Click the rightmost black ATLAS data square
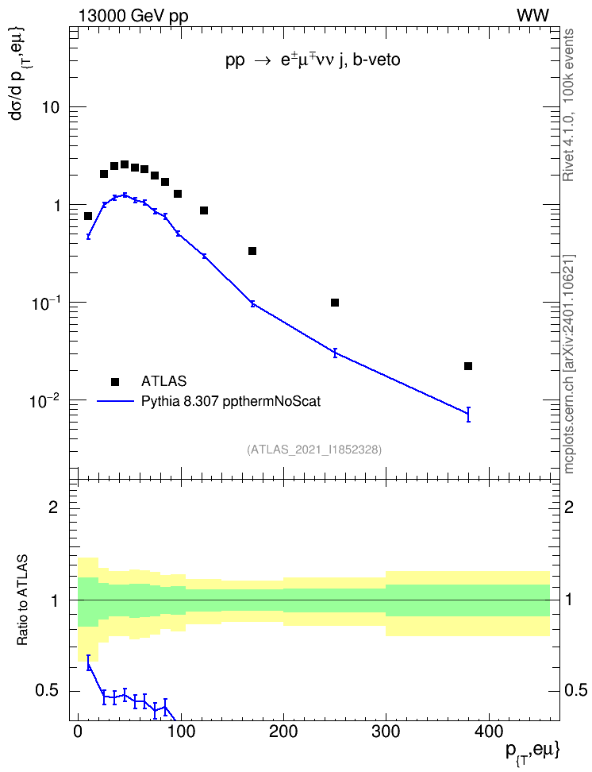pyautogui.click(x=468, y=366)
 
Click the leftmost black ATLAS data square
pyautogui.click(x=88, y=216)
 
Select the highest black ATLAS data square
pyautogui.click(x=125, y=164)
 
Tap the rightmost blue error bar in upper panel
pyautogui.click(x=468, y=415)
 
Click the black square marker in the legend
pyautogui.click(x=114, y=381)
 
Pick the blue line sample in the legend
pyautogui.click(x=115, y=401)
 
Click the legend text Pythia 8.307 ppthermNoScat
pyautogui.click(x=231, y=401)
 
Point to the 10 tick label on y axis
pyautogui.click(x=49, y=107)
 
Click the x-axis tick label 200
pyautogui.click(x=283, y=731)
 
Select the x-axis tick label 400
pyautogui.click(x=489, y=731)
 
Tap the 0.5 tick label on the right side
pyautogui.click(x=575, y=691)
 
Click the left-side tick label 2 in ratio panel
pyautogui.click(x=54, y=507)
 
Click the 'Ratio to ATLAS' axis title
pyautogui.click(x=23, y=600)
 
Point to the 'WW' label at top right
pyautogui.click(x=532, y=16)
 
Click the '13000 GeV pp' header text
pyautogui.click(x=133, y=17)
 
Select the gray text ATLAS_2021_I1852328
pyautogui.click(x=314, y=450)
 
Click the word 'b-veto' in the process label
pyautogui.click(x=376, y=60)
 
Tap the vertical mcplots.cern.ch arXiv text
pyautogui.click(x=569, y=364)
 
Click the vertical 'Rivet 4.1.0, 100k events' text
pyautogui.click(x=568, y=105)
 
